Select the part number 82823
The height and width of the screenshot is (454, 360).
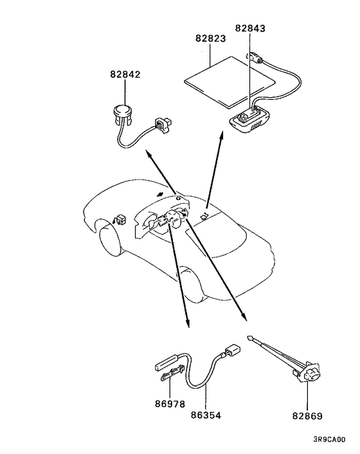(211, 38)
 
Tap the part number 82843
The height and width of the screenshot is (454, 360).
(251, 28)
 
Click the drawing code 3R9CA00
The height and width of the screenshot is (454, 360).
(332, 441)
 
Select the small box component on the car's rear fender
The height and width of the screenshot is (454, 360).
(120, 219)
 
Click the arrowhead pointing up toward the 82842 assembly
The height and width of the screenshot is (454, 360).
(147, 153)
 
